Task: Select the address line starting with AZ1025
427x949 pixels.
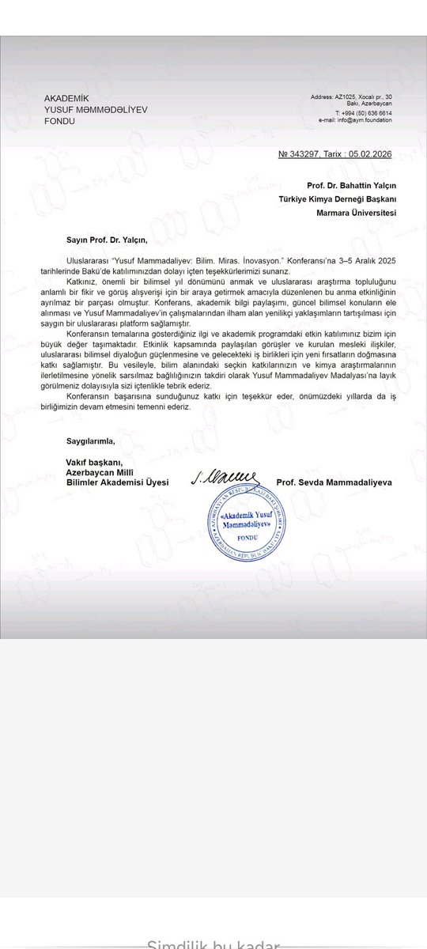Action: [356, 96]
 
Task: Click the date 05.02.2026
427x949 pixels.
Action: [369, 154]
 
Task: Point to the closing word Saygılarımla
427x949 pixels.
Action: [90, 440]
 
